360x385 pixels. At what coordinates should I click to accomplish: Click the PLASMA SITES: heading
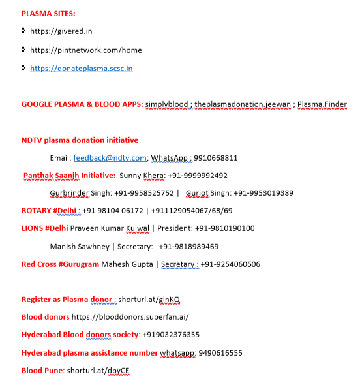(x=48, y=13)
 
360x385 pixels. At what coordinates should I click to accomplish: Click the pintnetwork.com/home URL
(x=85, y=50)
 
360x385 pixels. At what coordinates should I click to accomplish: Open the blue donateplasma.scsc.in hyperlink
(x=81, y=68)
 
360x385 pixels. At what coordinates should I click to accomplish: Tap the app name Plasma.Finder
(x=322, y=104)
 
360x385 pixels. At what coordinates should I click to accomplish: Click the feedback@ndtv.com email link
(x=110, y=158)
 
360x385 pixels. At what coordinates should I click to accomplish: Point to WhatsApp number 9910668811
(x=217, y=158)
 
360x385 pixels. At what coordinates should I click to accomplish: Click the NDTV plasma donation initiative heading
(x=80, y=140)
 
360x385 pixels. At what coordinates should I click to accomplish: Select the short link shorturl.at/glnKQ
(x=149, y=300)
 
